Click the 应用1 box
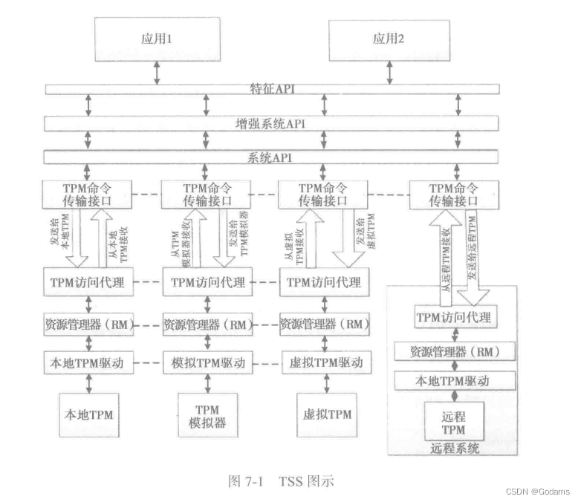pos(157,39)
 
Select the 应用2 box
pos(386,39)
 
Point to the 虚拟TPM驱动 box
pos(325,363)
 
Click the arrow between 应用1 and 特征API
pos(155,73)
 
